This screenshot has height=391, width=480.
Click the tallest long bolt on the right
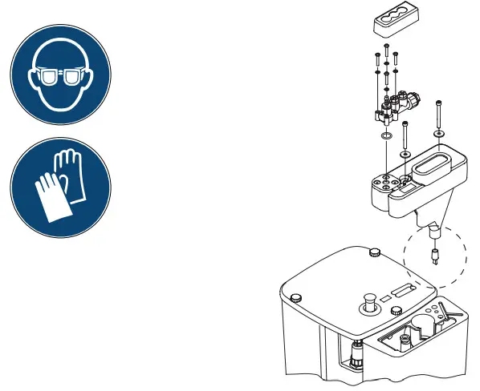[x=439, y=112]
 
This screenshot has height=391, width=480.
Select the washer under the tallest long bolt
[x=439, y=133]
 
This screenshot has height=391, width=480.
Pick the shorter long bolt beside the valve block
[x=405, y=131]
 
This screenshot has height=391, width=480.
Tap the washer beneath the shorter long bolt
[x=405, y=152]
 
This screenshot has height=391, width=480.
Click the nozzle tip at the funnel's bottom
[x=434, y=233]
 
